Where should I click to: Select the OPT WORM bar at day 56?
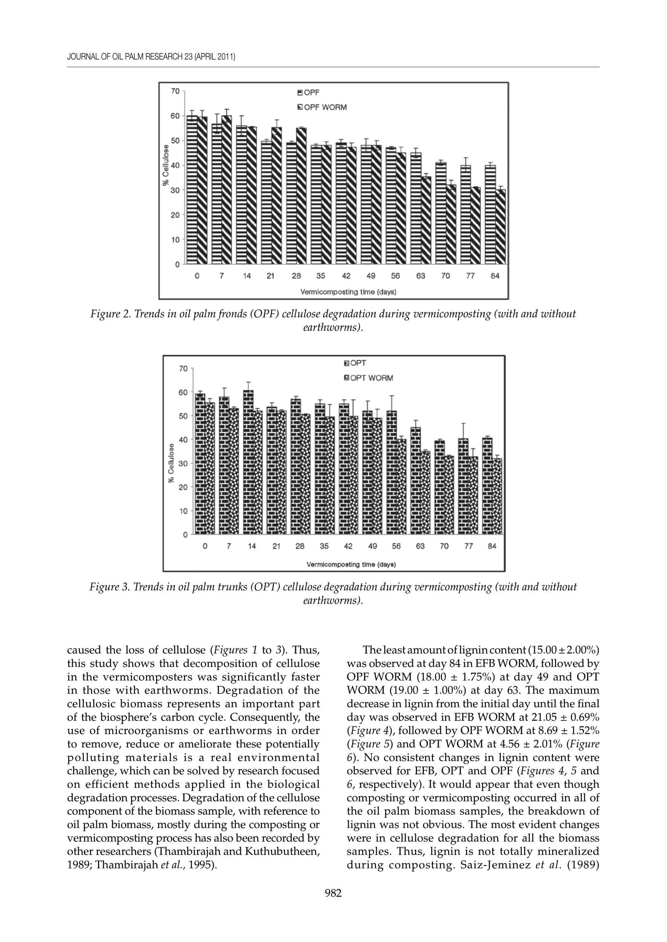point(401,487)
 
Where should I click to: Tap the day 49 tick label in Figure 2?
point(371,276)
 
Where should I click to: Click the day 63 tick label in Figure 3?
point(420,546)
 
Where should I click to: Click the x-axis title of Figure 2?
point(348,292)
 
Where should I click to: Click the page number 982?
point(333,893)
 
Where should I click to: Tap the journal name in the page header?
point(151,57)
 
